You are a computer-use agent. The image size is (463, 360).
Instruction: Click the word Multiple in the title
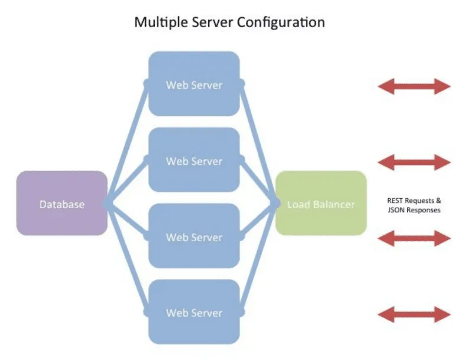(155, 22)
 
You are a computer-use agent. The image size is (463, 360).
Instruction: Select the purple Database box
(62, 205)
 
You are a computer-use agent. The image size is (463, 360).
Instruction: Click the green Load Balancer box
(321, 205)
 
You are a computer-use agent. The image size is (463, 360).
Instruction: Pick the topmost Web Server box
(194, 84)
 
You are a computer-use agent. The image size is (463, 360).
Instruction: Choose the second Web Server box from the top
(194, 160)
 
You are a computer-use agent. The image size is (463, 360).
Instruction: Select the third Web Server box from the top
(194, 236)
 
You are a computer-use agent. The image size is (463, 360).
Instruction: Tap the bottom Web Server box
(194, 312)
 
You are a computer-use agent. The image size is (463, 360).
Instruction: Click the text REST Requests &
(413, 201)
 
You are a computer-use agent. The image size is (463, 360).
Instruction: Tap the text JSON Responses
(413, 210)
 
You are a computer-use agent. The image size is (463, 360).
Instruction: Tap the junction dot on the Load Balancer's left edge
(276, 204)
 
